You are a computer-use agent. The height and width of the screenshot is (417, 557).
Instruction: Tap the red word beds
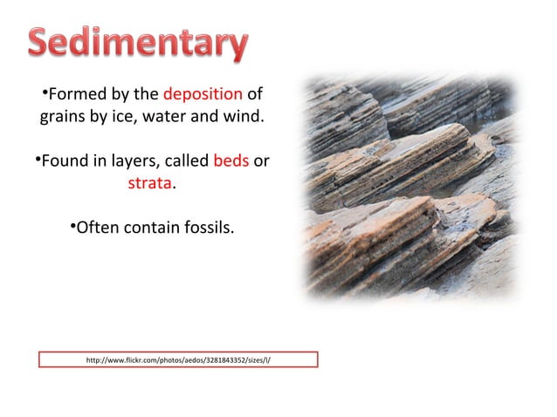(x=231, y=162)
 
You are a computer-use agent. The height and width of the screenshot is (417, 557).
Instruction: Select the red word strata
(x=149, y=185)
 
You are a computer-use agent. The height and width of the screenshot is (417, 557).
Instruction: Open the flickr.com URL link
(x=177, y=359)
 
